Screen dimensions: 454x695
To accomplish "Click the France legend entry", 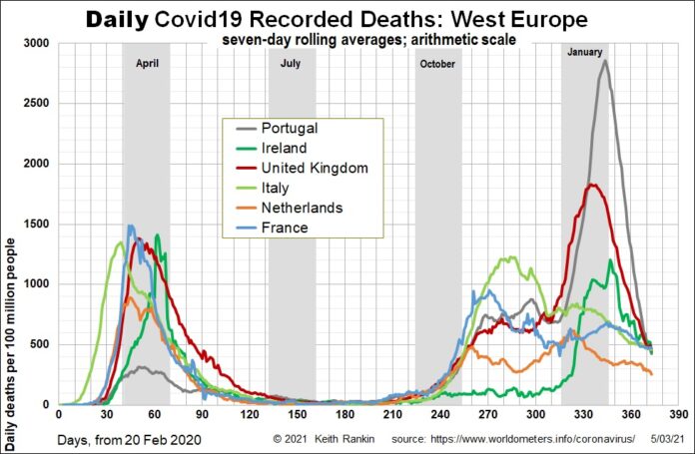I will [283, 227].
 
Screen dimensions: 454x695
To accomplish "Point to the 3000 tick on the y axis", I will [37, 44].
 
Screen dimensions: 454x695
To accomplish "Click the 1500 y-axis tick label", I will [37, 225].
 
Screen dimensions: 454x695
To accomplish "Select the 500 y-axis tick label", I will [40, 345].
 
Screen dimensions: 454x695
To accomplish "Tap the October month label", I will [437, 64].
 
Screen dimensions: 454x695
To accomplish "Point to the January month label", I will [584, 51].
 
